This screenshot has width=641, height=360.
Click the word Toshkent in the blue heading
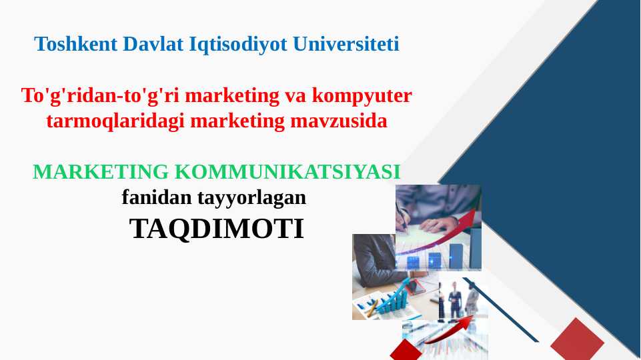coord(76,44)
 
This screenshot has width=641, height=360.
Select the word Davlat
coord(153,44)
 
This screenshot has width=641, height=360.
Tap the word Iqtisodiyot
coord(238,45)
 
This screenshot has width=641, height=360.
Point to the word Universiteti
coord(346,44)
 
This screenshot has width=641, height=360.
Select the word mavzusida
coord(338,121)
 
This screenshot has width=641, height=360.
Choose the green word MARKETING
coord(101,171)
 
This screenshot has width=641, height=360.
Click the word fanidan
coord(157,197)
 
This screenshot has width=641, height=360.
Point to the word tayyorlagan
coord(251,198)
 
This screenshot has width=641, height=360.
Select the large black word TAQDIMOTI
coord(217,229)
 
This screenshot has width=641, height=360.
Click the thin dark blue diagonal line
coord(501,310)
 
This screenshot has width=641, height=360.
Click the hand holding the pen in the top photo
coord(436,225)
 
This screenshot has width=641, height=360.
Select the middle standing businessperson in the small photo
coord(455,301)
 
